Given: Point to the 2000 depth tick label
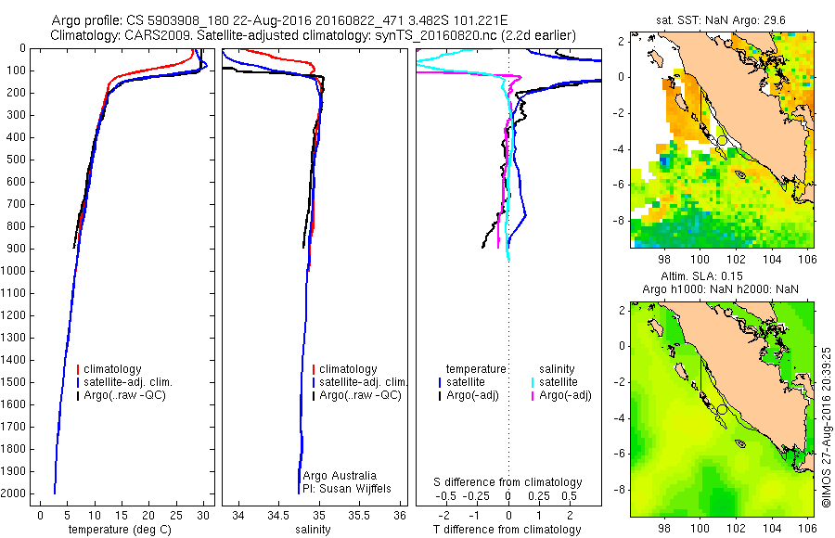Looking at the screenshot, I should click(x=15, y=494).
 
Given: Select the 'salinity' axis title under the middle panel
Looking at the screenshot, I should click(x=311, y=530).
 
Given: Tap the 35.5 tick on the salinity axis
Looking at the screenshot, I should click(x=361, y=515).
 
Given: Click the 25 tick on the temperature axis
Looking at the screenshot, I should click(x=176, y=515).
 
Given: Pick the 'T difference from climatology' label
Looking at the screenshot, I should click(x=508, y=530).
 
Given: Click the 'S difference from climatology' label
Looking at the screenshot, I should click(x=508, y=482).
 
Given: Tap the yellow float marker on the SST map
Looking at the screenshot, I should click(x=722, y=140).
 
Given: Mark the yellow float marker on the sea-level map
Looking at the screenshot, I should click(x=722, y=409).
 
